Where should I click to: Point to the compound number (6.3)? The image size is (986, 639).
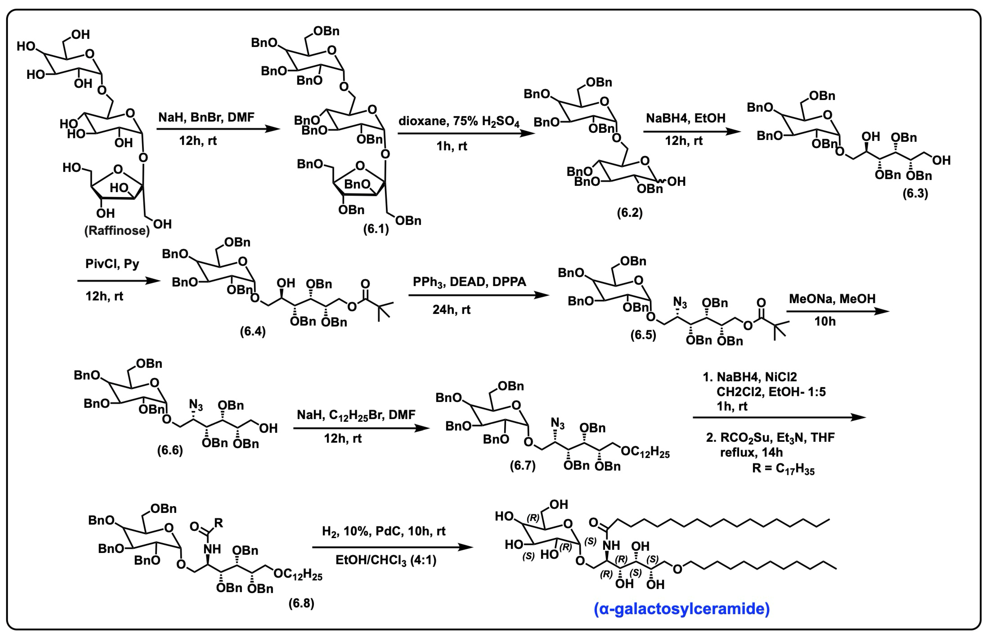pyautogui.click(x=915, y=193)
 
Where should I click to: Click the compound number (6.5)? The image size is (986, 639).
pyautogui.click(x=643, y=335)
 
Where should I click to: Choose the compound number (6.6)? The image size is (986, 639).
pyautogui.click(x=170, y=450)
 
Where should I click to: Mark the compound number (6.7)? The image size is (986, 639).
pyautogui.click(x=523, y=466)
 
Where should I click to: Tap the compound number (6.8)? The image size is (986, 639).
pyautogui.click(x=301, y=603)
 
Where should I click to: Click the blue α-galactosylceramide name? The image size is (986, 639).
pyautogui.click(x=681, y=609)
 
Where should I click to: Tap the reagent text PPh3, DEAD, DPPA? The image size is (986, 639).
pyautogui.click(x=469, y=282)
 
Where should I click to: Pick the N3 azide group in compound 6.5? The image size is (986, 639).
pyautogui.click(x=680, y=304)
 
